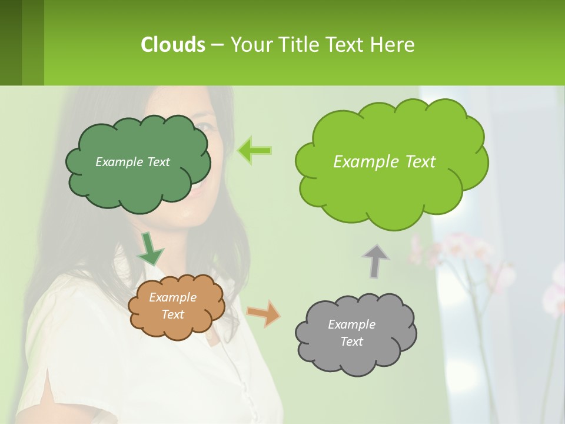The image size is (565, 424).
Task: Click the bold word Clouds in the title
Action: coord(172,45)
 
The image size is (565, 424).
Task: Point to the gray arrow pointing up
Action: coord(375,261)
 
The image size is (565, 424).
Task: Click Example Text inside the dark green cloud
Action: coord(132,162)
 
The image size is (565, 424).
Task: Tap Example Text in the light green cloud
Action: coord(384,162)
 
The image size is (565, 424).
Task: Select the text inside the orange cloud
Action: coord(172,306)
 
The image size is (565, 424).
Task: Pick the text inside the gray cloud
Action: coord(351,333)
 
